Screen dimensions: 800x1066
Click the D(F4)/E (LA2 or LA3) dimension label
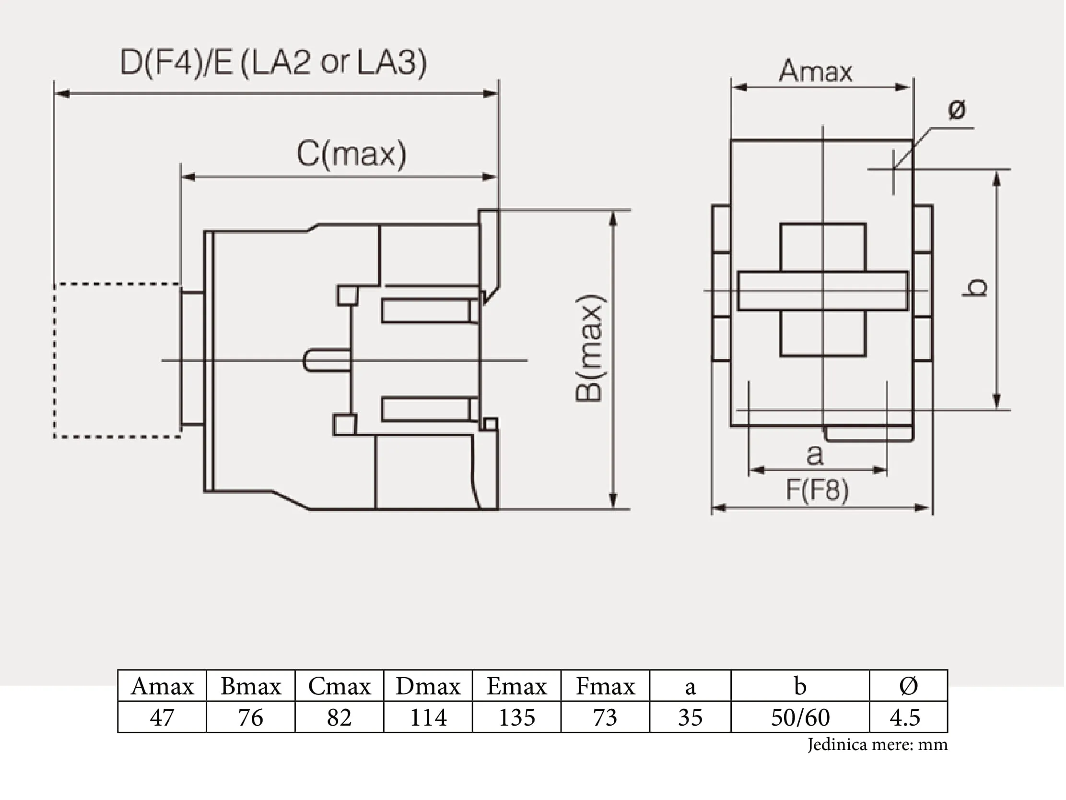point(273,63)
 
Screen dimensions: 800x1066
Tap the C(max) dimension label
point(351,154)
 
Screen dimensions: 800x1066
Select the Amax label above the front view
point(815,71)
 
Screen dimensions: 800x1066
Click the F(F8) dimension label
point(817,490)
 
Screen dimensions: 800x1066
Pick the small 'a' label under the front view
point(815,455)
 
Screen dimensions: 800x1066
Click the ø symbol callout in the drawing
point(957,109)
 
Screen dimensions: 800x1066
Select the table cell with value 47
point(162,717)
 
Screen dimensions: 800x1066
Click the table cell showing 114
point(428,717)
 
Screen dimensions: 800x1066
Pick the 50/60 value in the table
point(800,717)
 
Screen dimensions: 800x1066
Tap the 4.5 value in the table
point(904,717)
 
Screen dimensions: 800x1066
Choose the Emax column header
point(516,686)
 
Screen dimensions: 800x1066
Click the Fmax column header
point(605,686)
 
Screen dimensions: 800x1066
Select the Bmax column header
point(251,686)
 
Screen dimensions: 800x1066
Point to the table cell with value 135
point(516,717)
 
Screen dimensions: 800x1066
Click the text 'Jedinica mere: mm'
point(878,744)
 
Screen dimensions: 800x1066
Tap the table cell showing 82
point(340,717)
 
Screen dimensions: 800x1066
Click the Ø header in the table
point(908,686)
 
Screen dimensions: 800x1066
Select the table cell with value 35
point(690,717)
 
